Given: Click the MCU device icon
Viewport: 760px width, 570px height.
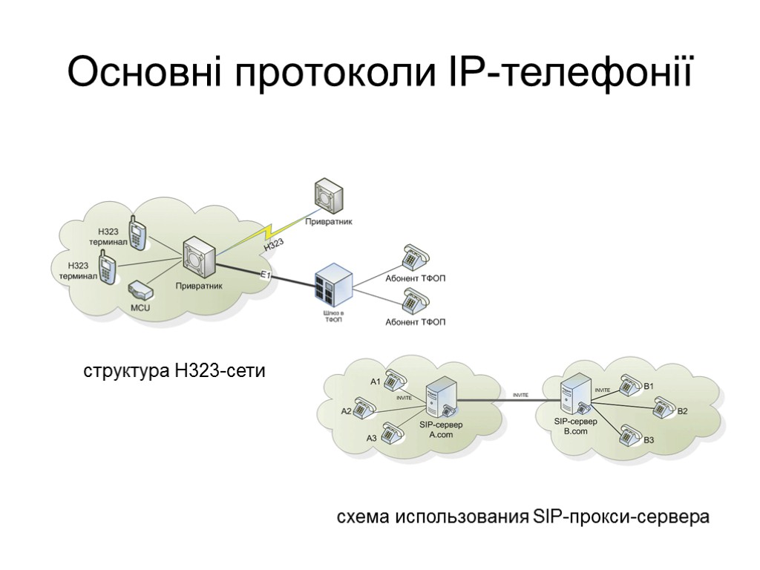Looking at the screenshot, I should pos(140,289).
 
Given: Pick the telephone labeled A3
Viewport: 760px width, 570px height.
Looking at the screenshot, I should pos(392,431).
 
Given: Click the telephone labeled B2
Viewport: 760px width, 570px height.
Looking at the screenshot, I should pos(662,407).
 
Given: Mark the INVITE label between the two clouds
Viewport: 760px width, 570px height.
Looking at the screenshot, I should pos(520,395).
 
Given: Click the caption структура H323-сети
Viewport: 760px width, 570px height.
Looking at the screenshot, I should pos(174,370).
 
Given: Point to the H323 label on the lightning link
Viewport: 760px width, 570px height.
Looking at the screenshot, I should pos(274,244).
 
